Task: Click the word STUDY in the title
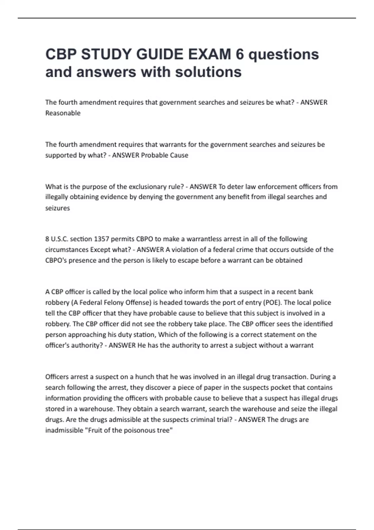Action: [105, 54]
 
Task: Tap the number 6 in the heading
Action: [240, 54]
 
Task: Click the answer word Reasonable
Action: [63, 113]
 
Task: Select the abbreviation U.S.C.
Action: [60, 239]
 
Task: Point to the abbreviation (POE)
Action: [273, 303]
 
